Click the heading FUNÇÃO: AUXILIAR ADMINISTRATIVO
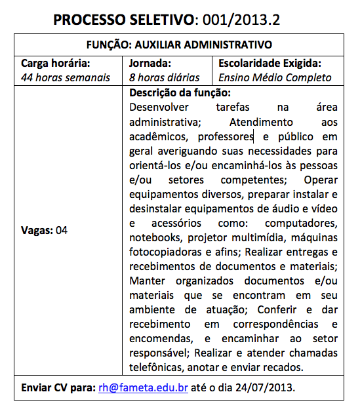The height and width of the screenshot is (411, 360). [x=179, y=45]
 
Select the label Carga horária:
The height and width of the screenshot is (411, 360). [x=56, y=64]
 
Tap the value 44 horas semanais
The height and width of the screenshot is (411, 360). [x=66, y=77]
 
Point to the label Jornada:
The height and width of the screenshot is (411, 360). [x=151, y=64]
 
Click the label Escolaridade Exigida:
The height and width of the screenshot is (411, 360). [x=270, y=64]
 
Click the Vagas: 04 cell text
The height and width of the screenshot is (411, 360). [x=45, y=230]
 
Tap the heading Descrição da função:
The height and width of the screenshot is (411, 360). [x=175, y=92]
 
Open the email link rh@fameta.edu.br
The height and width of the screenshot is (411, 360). [x=144, y=387]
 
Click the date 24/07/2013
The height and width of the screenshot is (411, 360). [x=267, y=387]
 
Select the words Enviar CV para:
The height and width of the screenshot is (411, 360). [x=58, y=387]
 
